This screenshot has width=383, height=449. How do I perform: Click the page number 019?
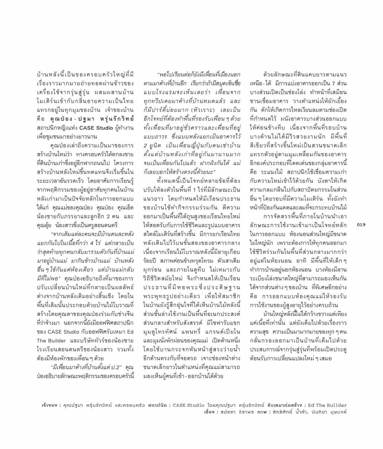point(361,224)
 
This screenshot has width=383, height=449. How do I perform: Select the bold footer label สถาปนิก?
point(158,405)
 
